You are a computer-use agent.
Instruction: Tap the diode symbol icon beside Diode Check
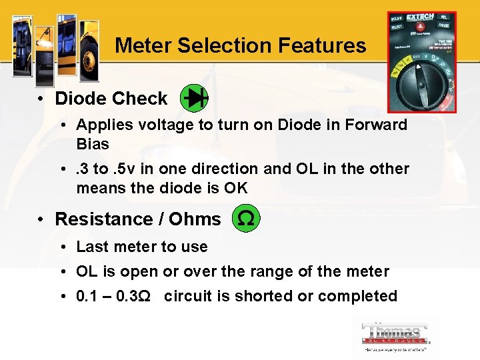[x=195, y=99]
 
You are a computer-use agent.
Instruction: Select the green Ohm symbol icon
[x=245, y=219]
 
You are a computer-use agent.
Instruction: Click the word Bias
[x=93, y=144]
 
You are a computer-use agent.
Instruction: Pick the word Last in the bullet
[x=92, y=247]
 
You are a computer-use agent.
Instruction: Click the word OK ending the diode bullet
[x=235, y=188]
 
